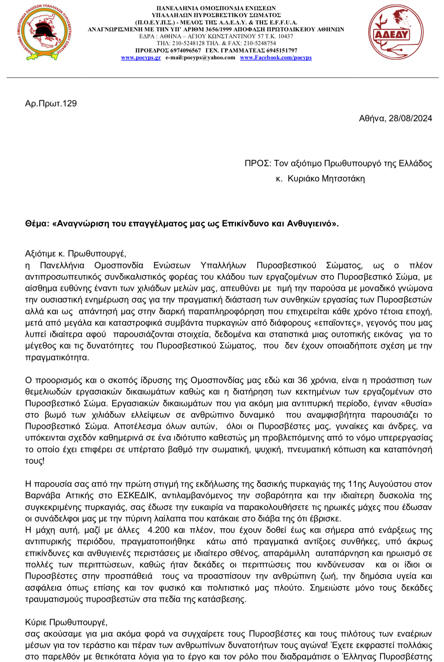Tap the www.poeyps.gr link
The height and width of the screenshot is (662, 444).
tap(141, 58)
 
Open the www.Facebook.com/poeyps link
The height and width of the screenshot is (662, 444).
tap(276, 58)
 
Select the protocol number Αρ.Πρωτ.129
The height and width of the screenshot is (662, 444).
tap(51, 103)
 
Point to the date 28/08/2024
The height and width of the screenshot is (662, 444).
tap(410, 118)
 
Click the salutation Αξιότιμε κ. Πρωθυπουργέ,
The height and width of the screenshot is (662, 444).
tap(75, 254)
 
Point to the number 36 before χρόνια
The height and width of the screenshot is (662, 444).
tap(302, 380)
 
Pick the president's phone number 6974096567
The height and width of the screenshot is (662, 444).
tap(186, 50)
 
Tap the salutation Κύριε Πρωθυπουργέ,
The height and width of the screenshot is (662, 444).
tap(66, 622)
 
